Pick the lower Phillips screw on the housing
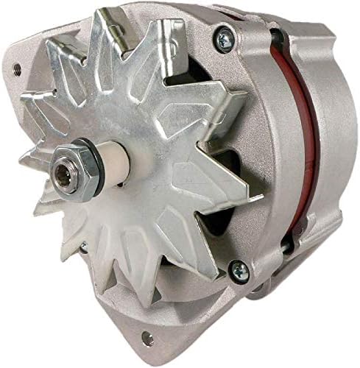tap(241, 272)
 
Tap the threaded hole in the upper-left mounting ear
tap(15, 71)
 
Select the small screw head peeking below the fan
tap(83, 245)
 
